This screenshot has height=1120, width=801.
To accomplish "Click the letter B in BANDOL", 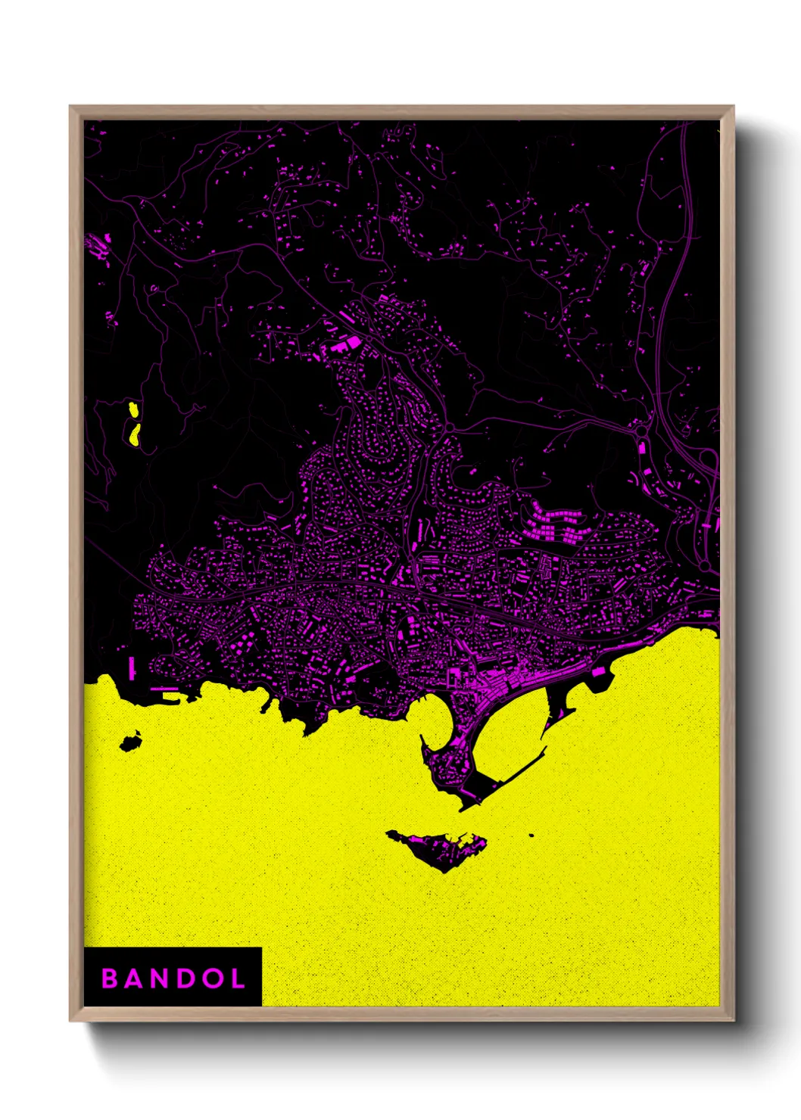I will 110,978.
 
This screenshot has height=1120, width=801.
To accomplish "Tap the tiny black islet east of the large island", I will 531,835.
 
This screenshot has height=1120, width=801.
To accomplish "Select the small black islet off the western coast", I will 130,742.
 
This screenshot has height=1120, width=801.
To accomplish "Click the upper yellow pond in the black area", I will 134,410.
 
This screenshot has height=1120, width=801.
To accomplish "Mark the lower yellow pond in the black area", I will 135,434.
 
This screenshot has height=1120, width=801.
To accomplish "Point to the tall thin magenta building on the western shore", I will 132,667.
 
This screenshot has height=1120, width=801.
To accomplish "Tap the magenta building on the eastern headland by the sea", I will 598,671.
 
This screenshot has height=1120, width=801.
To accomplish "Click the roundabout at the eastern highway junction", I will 643,432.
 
